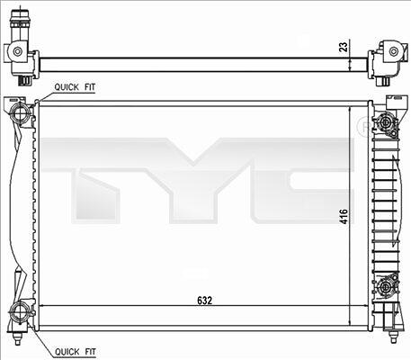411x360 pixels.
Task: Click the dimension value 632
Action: tap(205, 301)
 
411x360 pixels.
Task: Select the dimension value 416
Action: tap(344, 217)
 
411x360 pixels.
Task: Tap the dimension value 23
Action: tap(344, 47)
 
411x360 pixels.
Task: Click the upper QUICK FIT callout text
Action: tap(75, 87)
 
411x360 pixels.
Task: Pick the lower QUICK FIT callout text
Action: tap(76, 352)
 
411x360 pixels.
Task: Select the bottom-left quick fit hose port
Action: tap(20, 313)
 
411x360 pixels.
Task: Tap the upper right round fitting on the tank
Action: tap(385, 122)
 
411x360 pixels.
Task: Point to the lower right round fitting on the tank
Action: tap(385, 287)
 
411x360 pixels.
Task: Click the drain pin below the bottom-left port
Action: tap(17, 338)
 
